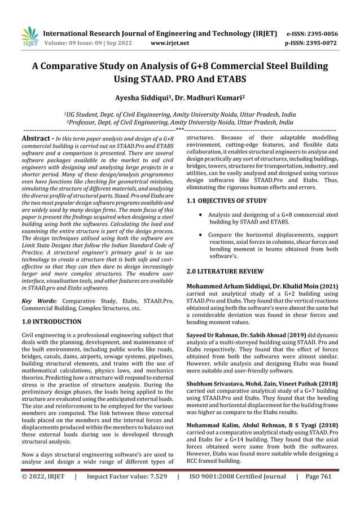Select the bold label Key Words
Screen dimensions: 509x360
pyautogui.click(x=36, y=301)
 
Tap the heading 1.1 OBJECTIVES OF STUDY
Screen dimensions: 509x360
pyautogui.click(x=230, y=201)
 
